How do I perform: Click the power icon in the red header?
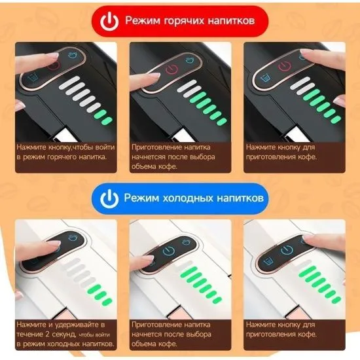109,22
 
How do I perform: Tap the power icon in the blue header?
109,198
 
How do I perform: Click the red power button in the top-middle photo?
172,69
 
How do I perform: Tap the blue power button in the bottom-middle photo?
169,251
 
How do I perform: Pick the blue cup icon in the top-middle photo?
190,61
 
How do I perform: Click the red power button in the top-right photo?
285,67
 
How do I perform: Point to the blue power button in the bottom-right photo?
287,250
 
